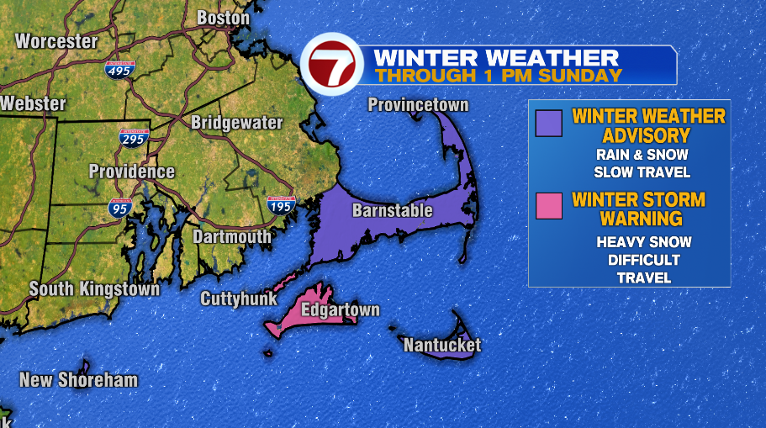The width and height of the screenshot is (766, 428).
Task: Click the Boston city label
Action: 223,18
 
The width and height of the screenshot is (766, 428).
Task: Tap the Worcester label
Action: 56,40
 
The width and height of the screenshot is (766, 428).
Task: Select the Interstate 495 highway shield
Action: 120,70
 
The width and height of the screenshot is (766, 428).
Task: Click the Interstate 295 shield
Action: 134,139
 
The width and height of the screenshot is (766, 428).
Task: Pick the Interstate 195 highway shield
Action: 281,203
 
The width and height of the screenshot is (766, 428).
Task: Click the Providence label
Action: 132,172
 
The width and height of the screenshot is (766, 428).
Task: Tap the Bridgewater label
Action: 236,123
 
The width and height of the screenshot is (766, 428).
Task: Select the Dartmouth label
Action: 232,237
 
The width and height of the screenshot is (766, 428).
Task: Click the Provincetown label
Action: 418,105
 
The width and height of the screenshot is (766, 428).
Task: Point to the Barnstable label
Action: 393,210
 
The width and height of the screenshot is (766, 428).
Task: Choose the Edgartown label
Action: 341,309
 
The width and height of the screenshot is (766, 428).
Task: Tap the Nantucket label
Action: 442,345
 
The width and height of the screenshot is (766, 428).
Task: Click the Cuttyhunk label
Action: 239,299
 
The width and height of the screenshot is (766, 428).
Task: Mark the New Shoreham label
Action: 78,380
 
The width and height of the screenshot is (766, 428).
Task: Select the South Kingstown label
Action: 94,289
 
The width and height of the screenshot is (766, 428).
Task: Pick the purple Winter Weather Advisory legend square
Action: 548,124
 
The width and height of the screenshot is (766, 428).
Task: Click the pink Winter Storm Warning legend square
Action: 548,205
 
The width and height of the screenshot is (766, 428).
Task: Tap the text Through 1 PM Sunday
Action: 498,75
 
